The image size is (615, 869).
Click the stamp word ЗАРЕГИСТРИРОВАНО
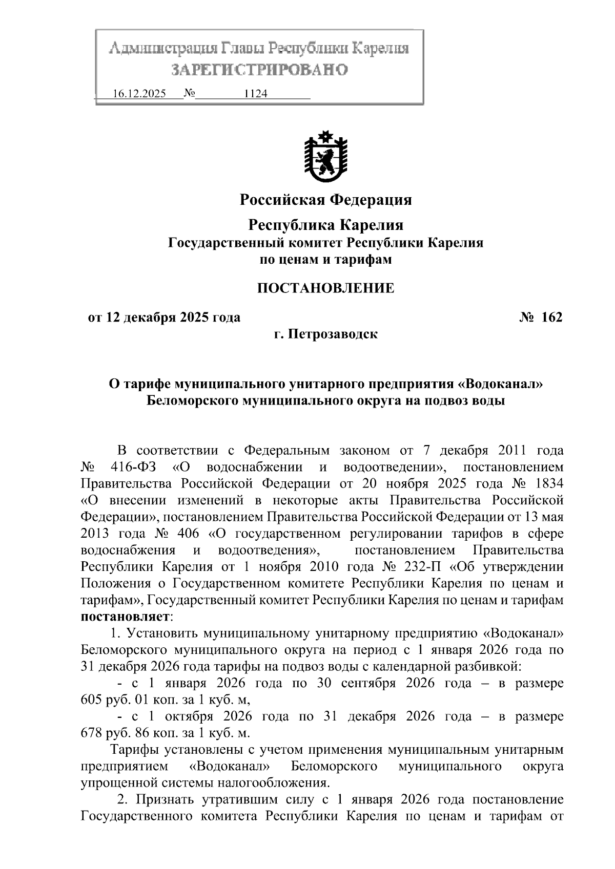(259, 70)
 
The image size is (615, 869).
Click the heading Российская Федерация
(326, 199)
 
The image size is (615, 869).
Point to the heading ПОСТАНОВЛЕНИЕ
(326, 288)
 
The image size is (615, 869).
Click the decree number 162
(551, 317)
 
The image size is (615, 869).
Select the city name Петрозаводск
(333, 335)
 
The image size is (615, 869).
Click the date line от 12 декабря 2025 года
(164, 317)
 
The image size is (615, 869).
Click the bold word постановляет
(126, 617)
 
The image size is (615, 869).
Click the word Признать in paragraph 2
(165, 799)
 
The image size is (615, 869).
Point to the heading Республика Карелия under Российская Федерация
(326, 225)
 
